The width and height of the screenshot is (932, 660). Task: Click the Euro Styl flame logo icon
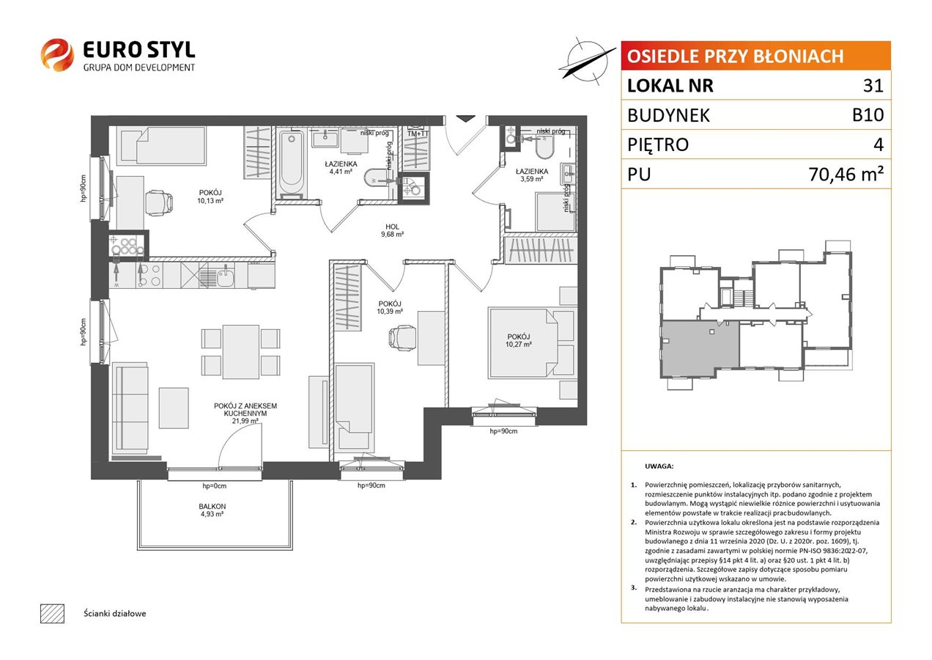pos(57,55)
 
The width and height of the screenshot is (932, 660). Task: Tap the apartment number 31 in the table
pos(873,85)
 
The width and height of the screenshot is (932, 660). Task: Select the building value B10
pos(868,115)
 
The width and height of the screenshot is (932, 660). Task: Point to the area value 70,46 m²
pos(846,174)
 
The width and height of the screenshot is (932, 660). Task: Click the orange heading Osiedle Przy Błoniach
pos(735,56)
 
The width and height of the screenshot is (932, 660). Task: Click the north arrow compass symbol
pos(587,62)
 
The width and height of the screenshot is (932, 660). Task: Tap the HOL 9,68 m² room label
pos(392,230)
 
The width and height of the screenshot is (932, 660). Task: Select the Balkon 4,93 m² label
pos(212,510)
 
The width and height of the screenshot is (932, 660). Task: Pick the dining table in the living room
pos(241,352)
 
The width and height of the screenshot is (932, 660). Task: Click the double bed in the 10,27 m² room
pos(523,342)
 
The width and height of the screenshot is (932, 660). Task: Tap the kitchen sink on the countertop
pos(225,276)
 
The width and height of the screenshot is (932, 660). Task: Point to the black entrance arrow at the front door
pos(465,119)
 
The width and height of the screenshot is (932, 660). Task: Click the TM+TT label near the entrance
pos(418,133)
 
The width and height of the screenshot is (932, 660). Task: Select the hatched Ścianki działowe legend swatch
pos(53,614)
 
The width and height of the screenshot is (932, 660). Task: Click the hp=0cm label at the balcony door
pos(214,486)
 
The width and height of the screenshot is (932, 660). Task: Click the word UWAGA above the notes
pos(659,466)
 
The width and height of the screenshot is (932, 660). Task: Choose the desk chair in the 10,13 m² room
pos(158,203)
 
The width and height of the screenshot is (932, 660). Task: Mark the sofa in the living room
pos(130,408)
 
